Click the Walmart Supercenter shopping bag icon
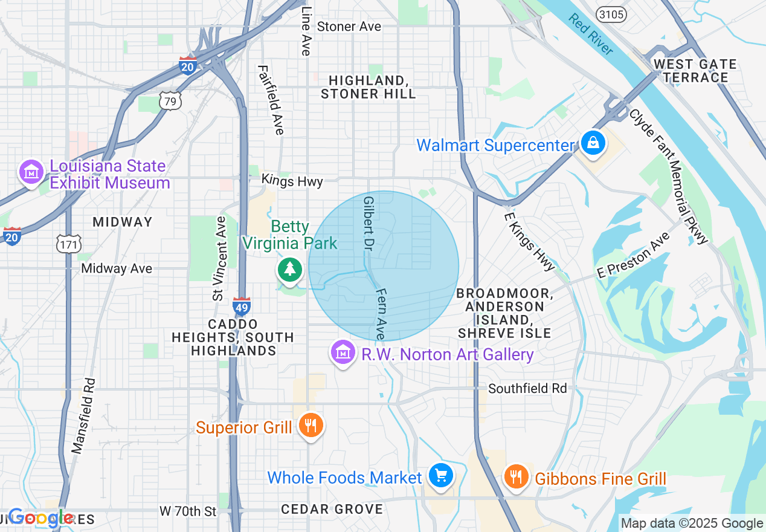coord(593,143)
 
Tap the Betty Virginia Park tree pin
coord(290,270)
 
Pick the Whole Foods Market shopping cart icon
coord(440,476)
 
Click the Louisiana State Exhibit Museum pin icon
coord(30,172)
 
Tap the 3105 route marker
coord(610,15)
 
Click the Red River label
coord(590,34)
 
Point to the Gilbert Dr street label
coord(368,223)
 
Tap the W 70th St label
coord(188,511)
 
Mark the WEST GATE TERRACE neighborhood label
coord(695,71)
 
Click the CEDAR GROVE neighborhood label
coord(332,509)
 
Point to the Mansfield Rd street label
coord(83,416)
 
